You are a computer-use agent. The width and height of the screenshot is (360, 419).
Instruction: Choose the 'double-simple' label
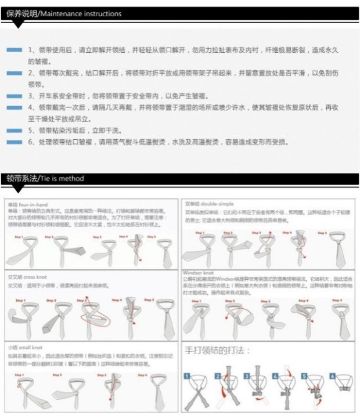[x=217, y=204]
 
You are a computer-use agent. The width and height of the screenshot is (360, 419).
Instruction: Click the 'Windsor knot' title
[x=199, y=272]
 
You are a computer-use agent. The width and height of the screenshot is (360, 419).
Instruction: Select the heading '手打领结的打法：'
[x=217, y=351]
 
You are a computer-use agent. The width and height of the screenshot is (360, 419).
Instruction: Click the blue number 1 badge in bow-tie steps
[x=187, y=376]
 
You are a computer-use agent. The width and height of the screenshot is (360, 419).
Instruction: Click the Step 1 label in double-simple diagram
[x=200, y=233]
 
